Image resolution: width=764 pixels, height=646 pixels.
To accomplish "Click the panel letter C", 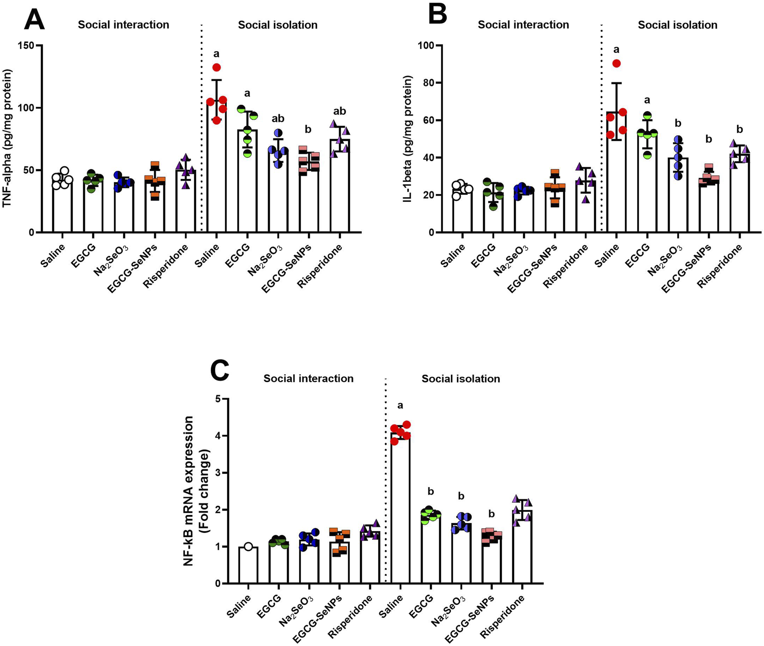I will [x=219, y=370].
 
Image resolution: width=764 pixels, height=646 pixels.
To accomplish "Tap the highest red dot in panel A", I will [x=216, y=67].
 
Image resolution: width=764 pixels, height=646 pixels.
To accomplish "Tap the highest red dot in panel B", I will [x=617, y=63].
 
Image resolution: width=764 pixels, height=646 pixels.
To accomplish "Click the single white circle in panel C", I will [x=248, y=547].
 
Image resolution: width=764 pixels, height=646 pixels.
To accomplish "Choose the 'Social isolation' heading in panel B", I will [x=677, y=25].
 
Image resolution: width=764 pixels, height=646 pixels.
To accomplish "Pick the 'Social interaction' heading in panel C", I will [x=308, y=379].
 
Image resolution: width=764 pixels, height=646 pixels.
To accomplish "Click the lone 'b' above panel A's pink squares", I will [x=308, y=129].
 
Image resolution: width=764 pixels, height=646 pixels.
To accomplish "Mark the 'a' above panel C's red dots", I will [x=401, y=405].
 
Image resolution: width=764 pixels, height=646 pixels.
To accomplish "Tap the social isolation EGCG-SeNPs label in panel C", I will [x=470, y=619].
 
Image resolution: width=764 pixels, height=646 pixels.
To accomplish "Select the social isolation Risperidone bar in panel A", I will [x=340, y=185].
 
